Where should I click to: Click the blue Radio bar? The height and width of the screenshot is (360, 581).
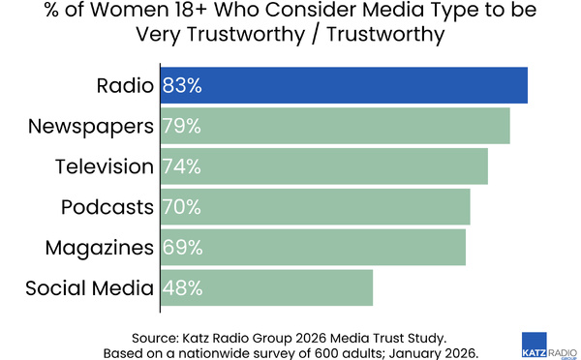[368, 85]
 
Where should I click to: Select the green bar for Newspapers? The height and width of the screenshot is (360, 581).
[358, 126]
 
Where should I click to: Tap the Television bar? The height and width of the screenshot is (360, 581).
[349, 166]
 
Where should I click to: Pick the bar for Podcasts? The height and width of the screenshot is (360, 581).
[339, 206]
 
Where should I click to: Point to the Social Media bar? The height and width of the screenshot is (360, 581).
[290, 287]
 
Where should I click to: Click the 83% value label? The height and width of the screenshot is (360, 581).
[181, 85]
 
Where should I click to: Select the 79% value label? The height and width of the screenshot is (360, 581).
[181, 126]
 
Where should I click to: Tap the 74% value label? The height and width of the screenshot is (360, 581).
[181, 166]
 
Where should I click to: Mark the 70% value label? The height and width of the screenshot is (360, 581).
[181, 206]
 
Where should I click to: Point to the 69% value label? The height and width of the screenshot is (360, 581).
[181, 247]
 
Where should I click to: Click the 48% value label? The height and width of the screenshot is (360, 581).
[181, 287]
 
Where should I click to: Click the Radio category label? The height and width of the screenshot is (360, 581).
[125, 85]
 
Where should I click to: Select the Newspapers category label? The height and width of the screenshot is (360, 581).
[91, 126]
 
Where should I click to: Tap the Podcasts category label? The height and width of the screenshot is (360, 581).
[107, 206]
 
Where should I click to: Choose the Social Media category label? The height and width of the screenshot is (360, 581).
[89, 287]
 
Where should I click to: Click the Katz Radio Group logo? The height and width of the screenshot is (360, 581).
[548, 342]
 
